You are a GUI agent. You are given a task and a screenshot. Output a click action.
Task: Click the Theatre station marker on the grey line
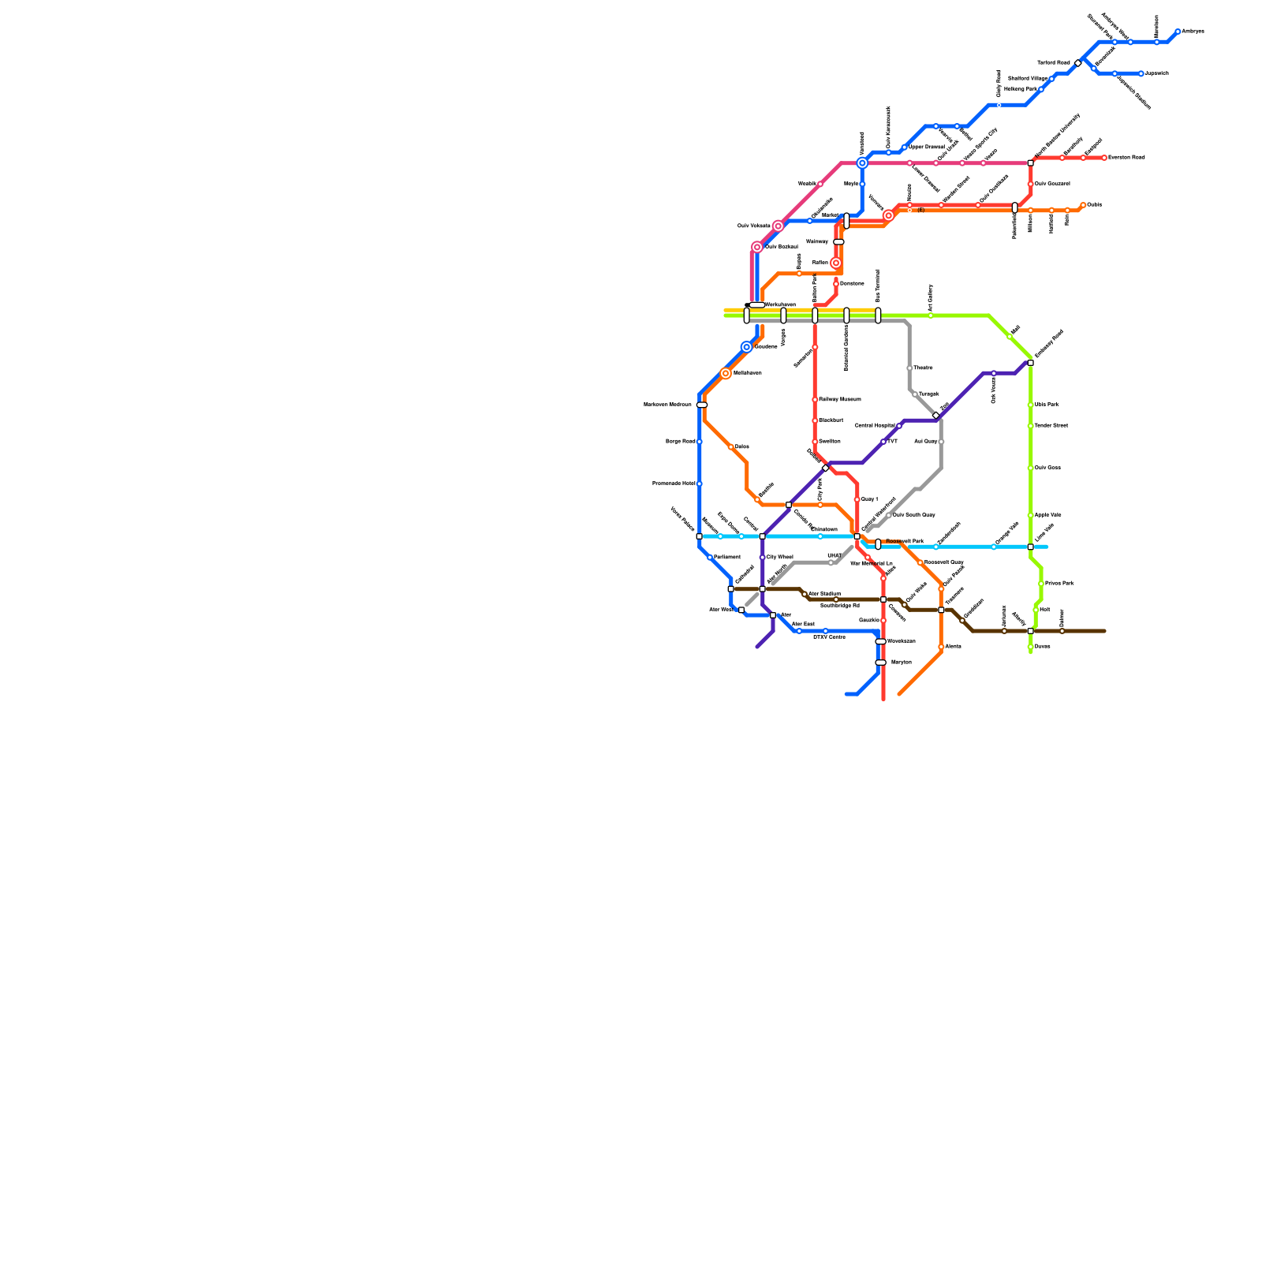(x=909, y=368)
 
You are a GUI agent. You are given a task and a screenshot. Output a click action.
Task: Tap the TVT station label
(x=892, y=442)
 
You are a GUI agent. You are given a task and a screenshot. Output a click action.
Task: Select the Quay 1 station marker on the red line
(x=857, y=499)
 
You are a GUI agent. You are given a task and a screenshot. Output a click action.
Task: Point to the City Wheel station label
(x=780, y=557)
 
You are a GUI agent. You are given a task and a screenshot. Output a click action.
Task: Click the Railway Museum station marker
(x=815, y=400)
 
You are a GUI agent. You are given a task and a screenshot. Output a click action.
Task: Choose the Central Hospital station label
(x=875, y=426)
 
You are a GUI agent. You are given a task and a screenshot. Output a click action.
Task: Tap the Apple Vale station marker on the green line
(x=1030, y=515)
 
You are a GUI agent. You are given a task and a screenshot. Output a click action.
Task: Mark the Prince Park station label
(x=1059, y=584)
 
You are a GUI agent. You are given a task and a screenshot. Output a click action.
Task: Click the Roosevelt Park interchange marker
(x=878, y=544)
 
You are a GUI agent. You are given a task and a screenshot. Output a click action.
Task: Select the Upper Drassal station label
(x=927, y=147)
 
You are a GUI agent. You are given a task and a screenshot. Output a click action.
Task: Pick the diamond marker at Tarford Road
(x=1078, y=63)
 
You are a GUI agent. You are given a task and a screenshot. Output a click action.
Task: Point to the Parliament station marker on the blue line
(x=710, y=558)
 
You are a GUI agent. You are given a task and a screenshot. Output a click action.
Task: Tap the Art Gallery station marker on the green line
(x=931, y=315)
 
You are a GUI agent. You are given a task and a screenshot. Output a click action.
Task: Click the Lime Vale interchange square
(x=1030, y=547)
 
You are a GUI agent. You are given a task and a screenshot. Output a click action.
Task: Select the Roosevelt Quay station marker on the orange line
(x=920, y=562)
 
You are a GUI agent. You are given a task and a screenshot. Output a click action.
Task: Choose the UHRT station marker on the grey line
(x=831, y=563)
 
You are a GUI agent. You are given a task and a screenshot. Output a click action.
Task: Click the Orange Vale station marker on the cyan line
(x=994, y=547)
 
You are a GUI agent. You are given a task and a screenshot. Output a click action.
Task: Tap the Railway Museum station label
(x=840, y=400)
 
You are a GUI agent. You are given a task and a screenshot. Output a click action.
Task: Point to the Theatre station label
(x=923, y=368)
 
